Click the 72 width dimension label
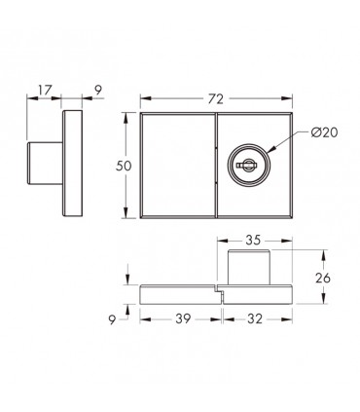(216, 98)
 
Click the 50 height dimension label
(124, 166)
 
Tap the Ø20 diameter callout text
(324, 132)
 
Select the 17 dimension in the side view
(45, 91)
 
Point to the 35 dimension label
(253, 240)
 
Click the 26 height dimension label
(322, 278)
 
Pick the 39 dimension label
(183, 318)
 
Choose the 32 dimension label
(255, 318)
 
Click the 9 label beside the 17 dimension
(98, 91)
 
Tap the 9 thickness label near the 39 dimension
(112, 320)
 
